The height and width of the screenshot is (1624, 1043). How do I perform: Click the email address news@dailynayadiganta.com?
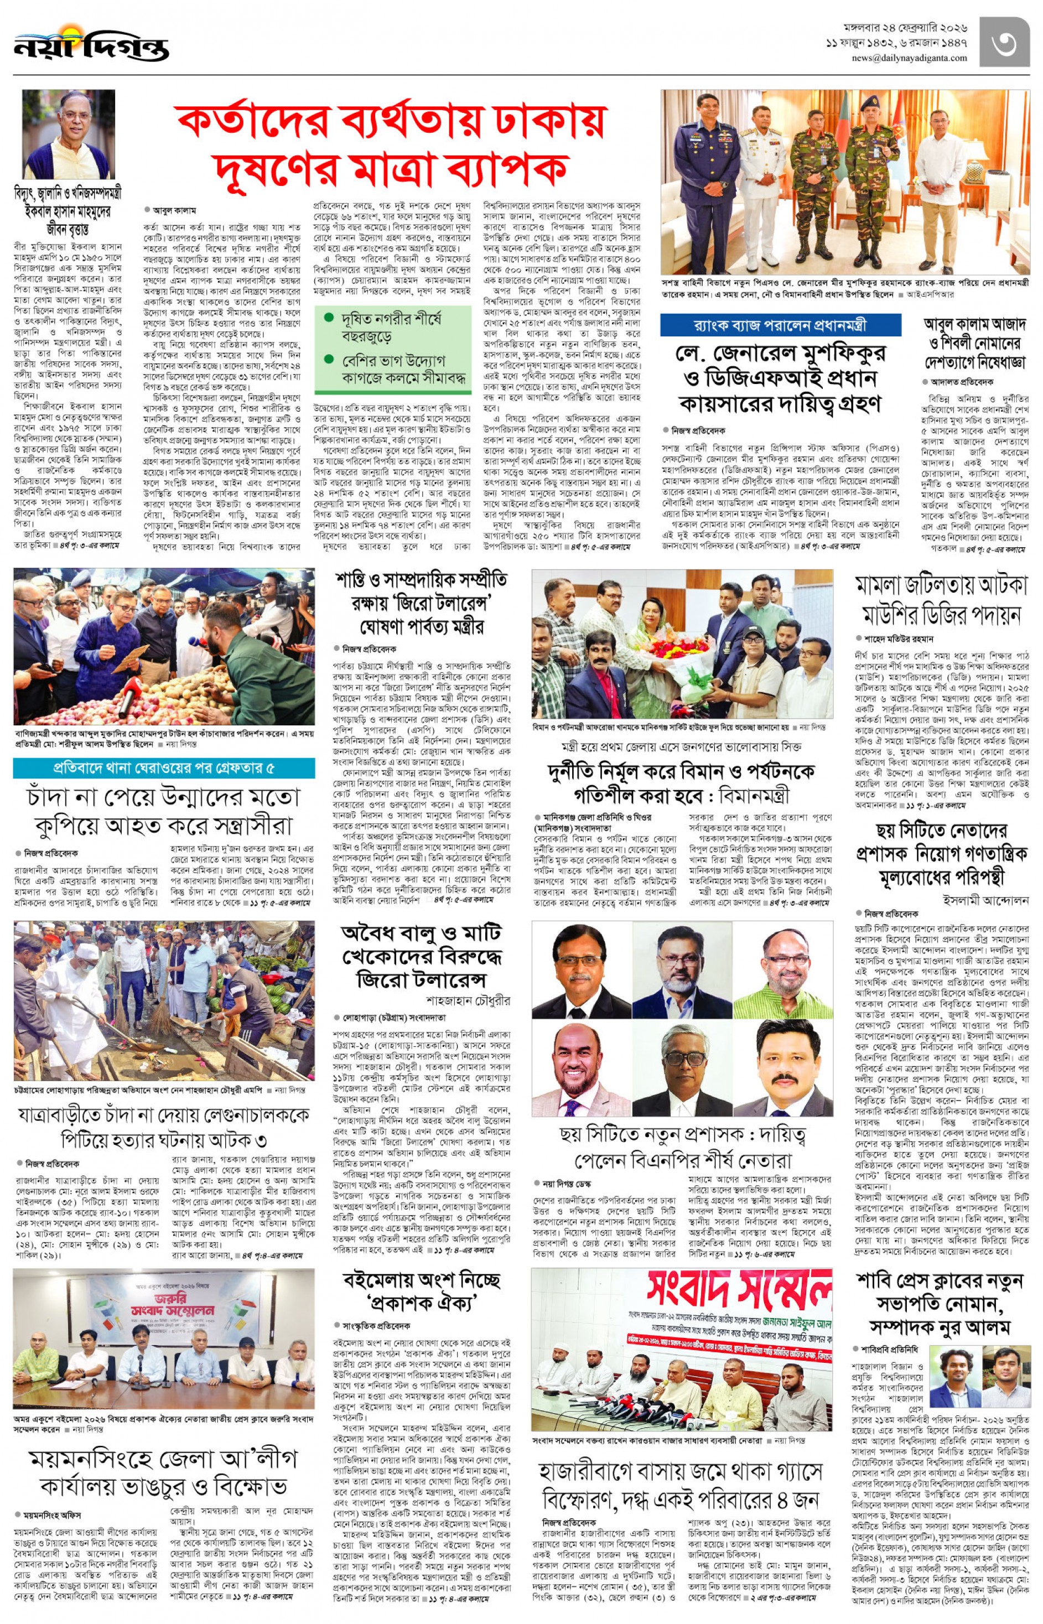click(x=910, y=58)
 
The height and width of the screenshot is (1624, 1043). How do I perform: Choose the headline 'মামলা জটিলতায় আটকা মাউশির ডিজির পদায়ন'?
click(x=941, y=599)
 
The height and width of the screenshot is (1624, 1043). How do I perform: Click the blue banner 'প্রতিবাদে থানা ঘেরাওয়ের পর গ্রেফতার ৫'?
click(x=164, y=767)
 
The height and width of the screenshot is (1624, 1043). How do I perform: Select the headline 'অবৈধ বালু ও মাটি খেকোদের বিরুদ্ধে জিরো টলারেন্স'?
click(x=421, y=956)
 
